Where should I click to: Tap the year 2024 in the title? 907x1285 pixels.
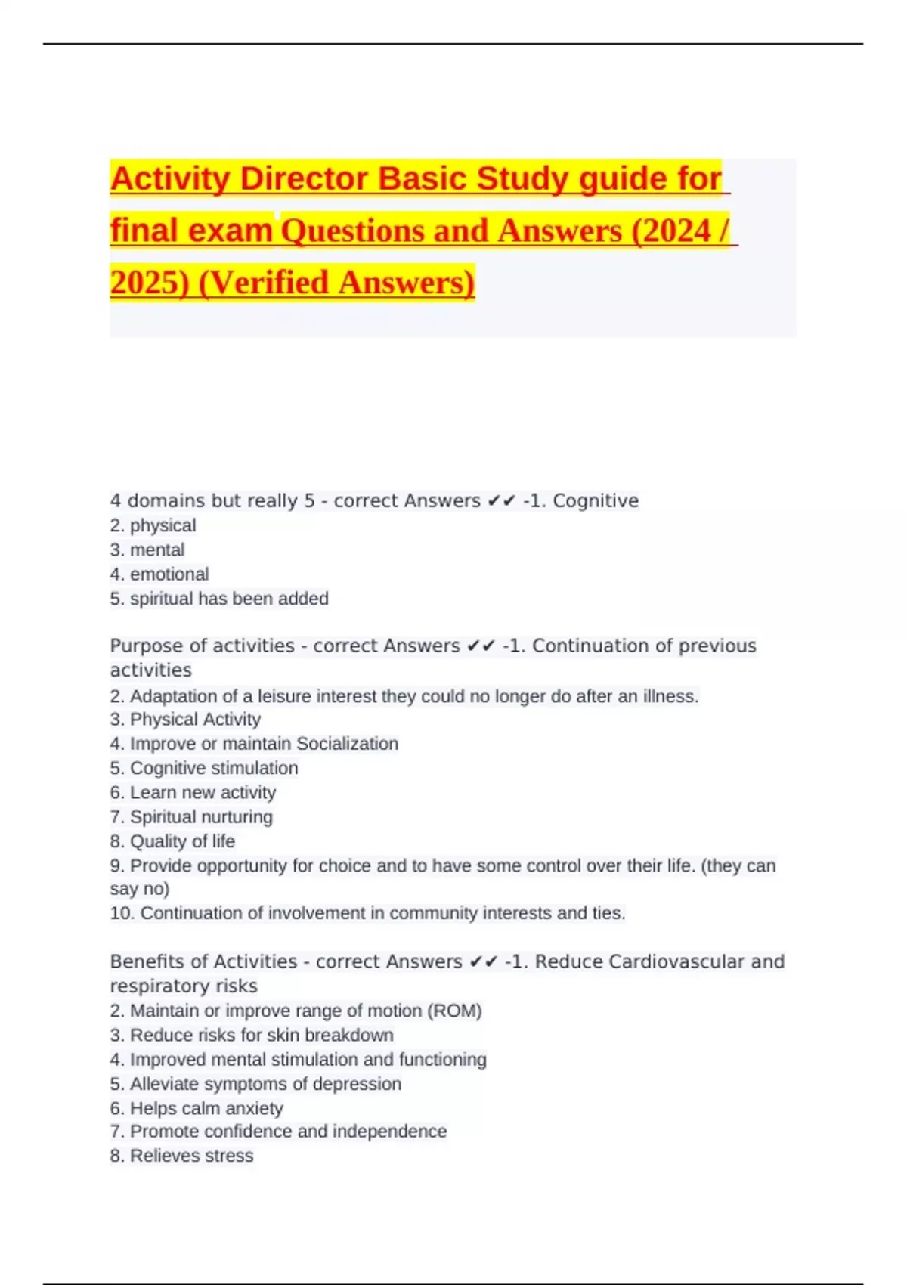[x=675, y=231]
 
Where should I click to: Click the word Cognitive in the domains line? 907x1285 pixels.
[x=596, y=500]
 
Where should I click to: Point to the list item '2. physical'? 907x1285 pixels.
[x=153, y=525]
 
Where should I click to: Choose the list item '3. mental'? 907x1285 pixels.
[x=147, y=550]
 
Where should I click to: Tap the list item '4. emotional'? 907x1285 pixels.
[x=159, y=574]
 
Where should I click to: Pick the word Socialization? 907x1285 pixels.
[x=347, y=744]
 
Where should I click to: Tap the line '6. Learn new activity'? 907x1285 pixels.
[x=193, y=792]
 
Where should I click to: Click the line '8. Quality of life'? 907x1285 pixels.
[x=172, y=841]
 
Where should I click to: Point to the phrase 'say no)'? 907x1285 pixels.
[x=140, y=889]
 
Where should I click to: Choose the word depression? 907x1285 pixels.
[x=357, y=1084]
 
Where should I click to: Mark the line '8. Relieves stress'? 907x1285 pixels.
[x=181, y=1156]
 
